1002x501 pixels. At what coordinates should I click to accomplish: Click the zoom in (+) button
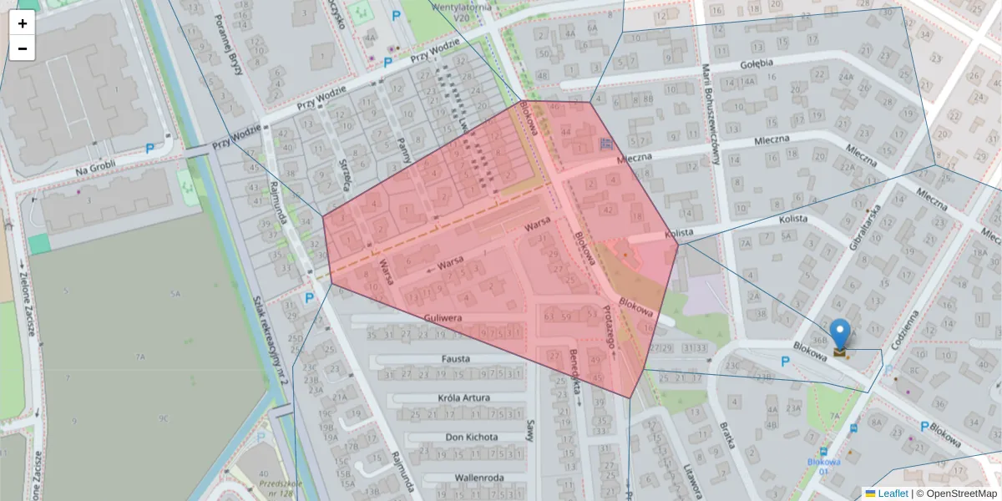pyautogui.click(x=23, y=23)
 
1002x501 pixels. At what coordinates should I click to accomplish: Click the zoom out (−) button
pyautogui.click(x=23, y=48)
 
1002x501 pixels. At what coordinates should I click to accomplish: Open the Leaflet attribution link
pyautogui.click(x=892, y=493)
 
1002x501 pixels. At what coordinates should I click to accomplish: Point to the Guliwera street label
pyautogui.click(x=443, y=318)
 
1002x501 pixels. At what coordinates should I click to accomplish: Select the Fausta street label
pyautogui.click(x=456, y=358)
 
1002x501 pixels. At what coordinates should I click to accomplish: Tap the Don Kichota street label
pyautogui.click(x=472, y=437)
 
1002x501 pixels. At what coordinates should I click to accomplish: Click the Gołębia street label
pyautogui.click(x=757, y=63)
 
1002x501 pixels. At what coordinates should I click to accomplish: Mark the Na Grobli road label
pyautogui.click(x=93, y=170)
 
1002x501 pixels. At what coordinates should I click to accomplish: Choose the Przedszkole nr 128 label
pyautogui.click(x=280, y=488)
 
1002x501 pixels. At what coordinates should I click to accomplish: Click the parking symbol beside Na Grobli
pyautogui.click(x=150, y=149)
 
